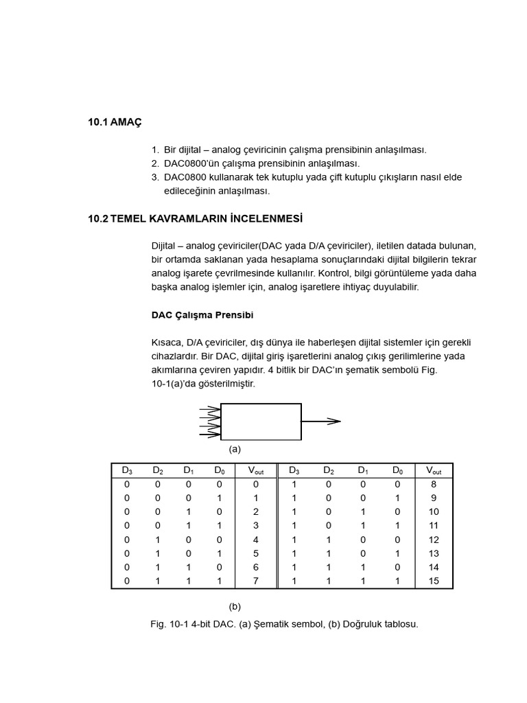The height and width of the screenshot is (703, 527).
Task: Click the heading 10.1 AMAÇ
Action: (115, 122)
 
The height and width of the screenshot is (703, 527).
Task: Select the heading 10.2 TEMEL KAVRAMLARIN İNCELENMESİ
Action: (195, 219)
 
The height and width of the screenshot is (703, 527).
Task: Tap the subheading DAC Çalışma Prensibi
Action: (202, 315)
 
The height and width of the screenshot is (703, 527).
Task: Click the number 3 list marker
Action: (155, 177)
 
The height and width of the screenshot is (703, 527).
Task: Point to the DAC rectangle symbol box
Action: (261, 422)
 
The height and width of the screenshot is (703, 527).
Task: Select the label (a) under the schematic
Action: (235, 450)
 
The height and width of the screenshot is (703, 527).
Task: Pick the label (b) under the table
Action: (235, 606)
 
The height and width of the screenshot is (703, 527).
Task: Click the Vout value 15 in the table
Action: (433, 581)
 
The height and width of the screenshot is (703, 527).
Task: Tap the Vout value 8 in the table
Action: (433, 484)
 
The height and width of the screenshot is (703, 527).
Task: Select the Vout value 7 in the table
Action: (255, 581)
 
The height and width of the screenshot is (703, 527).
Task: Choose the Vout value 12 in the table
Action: (433, 540)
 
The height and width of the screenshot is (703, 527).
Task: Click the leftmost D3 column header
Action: (127, 471)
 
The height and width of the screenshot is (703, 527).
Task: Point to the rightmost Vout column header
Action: (433, 471)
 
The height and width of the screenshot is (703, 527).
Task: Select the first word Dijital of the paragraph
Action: (166, 246)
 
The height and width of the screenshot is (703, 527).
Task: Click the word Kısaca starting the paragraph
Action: (167, 343)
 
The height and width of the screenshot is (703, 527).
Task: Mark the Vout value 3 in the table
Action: (255, 526)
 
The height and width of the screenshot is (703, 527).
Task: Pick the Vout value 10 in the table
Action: (433, 512)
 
